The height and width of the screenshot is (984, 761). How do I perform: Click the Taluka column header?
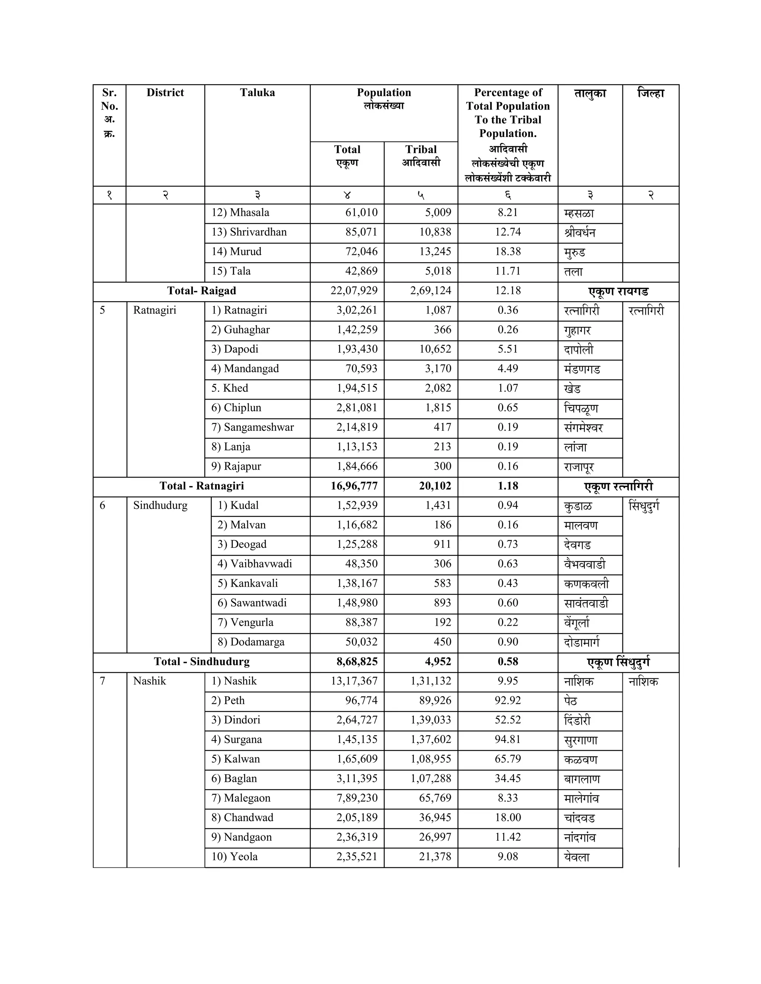click(x=257, y=93)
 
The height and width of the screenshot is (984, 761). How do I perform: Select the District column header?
click(x=165, y=93)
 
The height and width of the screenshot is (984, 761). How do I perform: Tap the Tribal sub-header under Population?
click(x=421, y=150)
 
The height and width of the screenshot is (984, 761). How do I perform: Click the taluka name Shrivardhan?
click(x=258, y=232)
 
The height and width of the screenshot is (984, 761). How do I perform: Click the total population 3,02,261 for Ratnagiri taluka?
click(x=357, y=310)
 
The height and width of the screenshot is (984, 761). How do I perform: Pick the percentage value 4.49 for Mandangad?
click(x=508, y=369)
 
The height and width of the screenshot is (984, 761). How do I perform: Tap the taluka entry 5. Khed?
click(x=230, y=388)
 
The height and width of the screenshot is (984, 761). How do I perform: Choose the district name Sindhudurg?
click(x=160, y=505)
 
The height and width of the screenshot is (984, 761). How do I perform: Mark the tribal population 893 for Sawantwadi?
click(x=442, y=603)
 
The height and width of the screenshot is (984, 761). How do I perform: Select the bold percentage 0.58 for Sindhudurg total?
click(x=508, y=661)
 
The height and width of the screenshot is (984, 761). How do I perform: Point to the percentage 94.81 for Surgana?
click(x=508, y=739)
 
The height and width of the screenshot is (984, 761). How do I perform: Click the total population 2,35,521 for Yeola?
click(x=357, y=857)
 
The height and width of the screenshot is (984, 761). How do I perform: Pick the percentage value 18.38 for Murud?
click(x=508, y=251)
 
